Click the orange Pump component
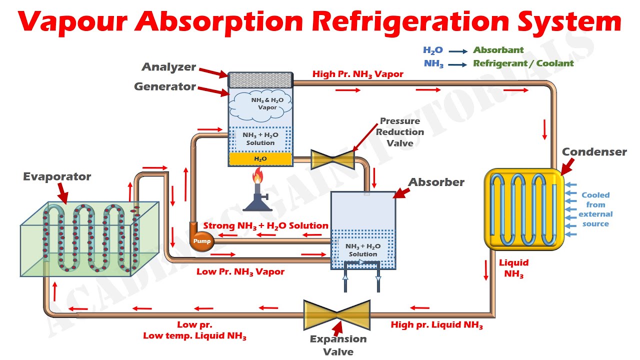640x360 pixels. point(202,241)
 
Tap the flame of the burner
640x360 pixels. point(258,176)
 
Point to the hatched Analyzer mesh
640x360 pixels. point(260,80)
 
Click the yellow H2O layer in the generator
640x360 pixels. point(260,158)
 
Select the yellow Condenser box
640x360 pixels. point(524,208)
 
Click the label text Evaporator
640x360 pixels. point(56,176)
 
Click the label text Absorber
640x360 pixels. point(436,182)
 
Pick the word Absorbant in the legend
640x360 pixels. point(498,50)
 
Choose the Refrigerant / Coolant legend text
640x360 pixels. point(523,63)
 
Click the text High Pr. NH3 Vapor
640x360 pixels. point(357,74)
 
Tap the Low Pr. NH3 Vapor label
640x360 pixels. point(240,272)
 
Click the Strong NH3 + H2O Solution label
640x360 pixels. point(265,226)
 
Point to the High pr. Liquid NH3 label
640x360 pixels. point(436,325)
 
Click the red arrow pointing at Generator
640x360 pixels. point(213,91)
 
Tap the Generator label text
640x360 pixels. point(164,86)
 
